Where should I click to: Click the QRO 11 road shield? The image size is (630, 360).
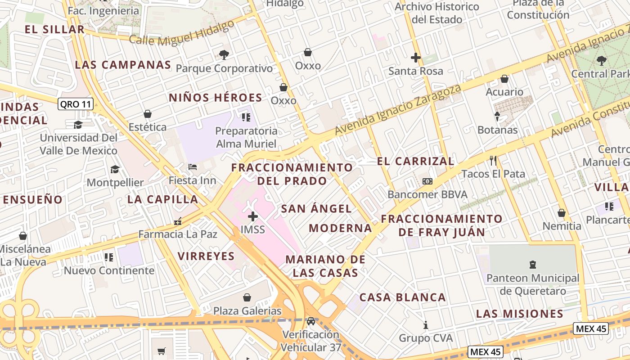pyautogui.click(x=76, y=104)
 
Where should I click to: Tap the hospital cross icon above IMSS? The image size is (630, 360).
pyautogui.click(x=253, y=216)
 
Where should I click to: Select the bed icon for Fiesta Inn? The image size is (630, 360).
pyautogui.click(x=193, y=167)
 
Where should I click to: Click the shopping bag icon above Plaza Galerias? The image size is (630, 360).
pyautogui.click(x=247, y=297)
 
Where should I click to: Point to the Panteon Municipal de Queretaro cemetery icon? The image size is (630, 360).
pyautogui.click(x=533, y=264)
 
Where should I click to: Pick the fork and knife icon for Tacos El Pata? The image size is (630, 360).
pyautogui.click(x=493, y=160)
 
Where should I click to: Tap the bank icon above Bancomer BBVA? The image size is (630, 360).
pyautogui.click(x=427, y=181)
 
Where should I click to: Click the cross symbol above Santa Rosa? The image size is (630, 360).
pyautogui.click(x=416, y=58)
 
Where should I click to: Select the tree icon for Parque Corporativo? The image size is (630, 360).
pyautogui.click(x=224, y=55)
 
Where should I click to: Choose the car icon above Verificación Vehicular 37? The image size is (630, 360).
pyautogui.click(x=310, y=321)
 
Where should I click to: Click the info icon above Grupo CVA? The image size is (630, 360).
pyautogui.click(x=426, y=324)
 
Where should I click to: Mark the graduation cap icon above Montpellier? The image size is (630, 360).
pyautogui.click(x=115, y=169)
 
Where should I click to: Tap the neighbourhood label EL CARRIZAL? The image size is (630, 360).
pyautogui.click(x=416, y=161)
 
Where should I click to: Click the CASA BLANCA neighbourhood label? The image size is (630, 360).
pyautogui.click(x=403, y=297)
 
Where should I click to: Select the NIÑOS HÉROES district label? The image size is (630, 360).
pyautogui.click(x=216, y=98)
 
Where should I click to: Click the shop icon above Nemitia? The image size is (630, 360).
pyautogui.click(x=562, y=212)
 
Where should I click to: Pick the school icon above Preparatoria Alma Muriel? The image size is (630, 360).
pyautogui.click(x=246, y=117)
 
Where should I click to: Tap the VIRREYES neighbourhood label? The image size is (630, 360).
pyautogui.click(x=206, y=256)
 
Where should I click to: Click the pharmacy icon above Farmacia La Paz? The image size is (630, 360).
pyautogui.click(x=178, y=221)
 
